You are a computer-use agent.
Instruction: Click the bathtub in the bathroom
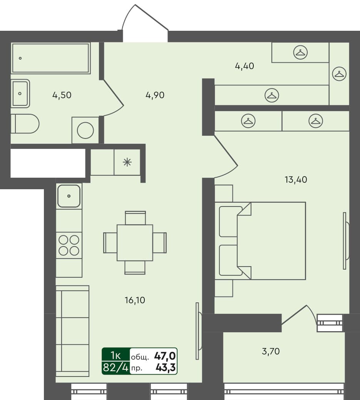tap(51, 58)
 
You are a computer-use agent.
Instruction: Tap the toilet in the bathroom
tap(25, 124)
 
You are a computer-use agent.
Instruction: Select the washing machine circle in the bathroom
tap(85, 130)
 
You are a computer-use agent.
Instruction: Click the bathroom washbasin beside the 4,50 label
tap(20, 93)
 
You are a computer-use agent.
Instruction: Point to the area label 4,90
tap(156, 95)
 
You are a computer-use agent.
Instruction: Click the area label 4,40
tap(244, 66)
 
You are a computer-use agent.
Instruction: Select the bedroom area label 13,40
tap(295, 179)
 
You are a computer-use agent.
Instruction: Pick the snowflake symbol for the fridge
tap(127, 162)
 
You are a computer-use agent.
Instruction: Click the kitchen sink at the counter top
tap(69, 196)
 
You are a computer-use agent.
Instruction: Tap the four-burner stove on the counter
tap(69, 245)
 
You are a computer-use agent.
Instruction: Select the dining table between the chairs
tap(135, 243)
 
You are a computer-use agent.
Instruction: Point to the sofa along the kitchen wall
tap(72, 331)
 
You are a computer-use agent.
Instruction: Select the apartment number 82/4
tap(115, 368)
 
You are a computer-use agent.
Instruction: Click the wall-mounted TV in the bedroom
tap(345, 241)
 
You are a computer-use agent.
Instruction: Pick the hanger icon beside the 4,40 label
tap(300, 52)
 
